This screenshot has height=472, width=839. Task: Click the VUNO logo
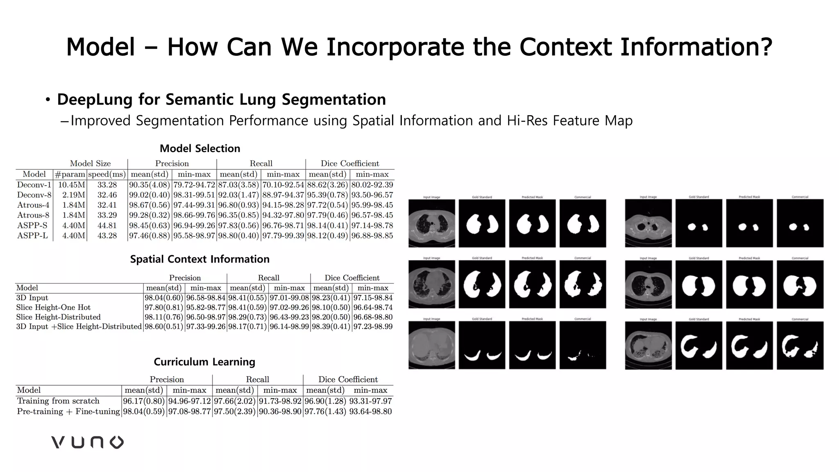87,442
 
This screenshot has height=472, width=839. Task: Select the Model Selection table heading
200,148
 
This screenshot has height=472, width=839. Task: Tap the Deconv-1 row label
34,185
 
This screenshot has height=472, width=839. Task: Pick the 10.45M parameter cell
71,185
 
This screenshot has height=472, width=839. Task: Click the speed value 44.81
107,225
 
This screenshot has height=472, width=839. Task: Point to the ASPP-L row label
32,236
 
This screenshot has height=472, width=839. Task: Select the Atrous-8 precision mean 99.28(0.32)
150,215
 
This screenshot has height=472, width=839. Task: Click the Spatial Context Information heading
200,259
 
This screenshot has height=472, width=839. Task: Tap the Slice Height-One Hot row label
53,307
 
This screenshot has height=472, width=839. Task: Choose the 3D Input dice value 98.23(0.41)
331,298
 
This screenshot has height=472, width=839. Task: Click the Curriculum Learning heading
204,362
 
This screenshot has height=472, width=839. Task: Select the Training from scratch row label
58,401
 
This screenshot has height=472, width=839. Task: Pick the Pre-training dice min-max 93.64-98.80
370,411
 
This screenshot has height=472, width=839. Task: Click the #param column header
70,174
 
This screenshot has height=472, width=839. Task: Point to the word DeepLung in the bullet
95,100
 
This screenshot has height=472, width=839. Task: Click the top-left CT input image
431,223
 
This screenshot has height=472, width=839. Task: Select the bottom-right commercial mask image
800,345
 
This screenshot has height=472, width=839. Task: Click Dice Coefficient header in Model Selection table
350,163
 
